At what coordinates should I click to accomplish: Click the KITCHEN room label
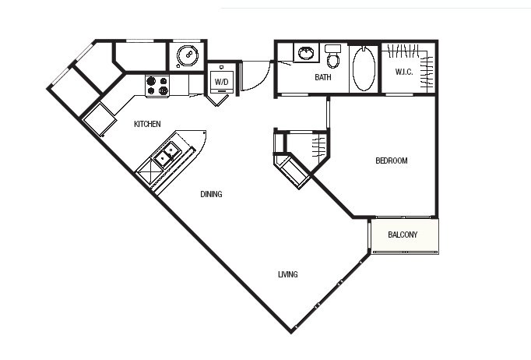pos(147,124)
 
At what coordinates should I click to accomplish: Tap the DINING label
pos(211,194)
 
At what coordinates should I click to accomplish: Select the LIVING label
pos(288,274)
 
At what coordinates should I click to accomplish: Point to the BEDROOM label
pos(392,161)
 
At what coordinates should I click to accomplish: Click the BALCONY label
pos(403,235)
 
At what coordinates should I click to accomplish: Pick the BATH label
pos(323,77)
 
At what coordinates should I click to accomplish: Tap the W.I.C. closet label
pos(404,72)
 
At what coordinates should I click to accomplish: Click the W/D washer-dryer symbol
pos(222,81)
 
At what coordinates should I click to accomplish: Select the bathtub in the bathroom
pos(364,68)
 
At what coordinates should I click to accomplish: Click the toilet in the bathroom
pos(332,56)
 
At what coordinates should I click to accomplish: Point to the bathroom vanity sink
pos(306,53)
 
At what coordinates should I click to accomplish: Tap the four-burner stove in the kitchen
pos(157,86)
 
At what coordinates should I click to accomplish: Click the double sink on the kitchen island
pos(167,154)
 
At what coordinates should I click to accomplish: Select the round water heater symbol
pos(188,55)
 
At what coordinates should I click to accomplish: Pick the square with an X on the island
pos(149,171)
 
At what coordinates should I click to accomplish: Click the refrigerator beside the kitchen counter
pos(99,119)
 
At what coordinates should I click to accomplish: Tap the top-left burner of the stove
pos(151,81)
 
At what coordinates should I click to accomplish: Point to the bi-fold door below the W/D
pos(216,100)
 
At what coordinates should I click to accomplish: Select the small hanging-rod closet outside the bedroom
pos(306,148)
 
